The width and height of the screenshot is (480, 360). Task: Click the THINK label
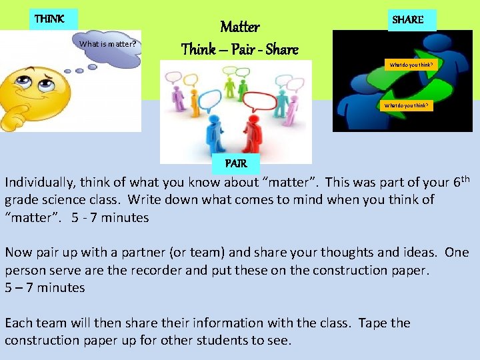click(50, 19)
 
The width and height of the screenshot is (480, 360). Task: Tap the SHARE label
click(408, 19)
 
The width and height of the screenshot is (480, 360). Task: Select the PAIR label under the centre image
click(236, 163)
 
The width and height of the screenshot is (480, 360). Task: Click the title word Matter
click(239, 27)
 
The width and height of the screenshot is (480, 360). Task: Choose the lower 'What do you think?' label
click(406, 105)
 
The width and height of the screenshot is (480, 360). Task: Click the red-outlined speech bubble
click(265, 102)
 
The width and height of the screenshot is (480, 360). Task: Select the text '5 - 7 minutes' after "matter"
click(110, 217)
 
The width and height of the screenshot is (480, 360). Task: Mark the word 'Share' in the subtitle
click(281, 49)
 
